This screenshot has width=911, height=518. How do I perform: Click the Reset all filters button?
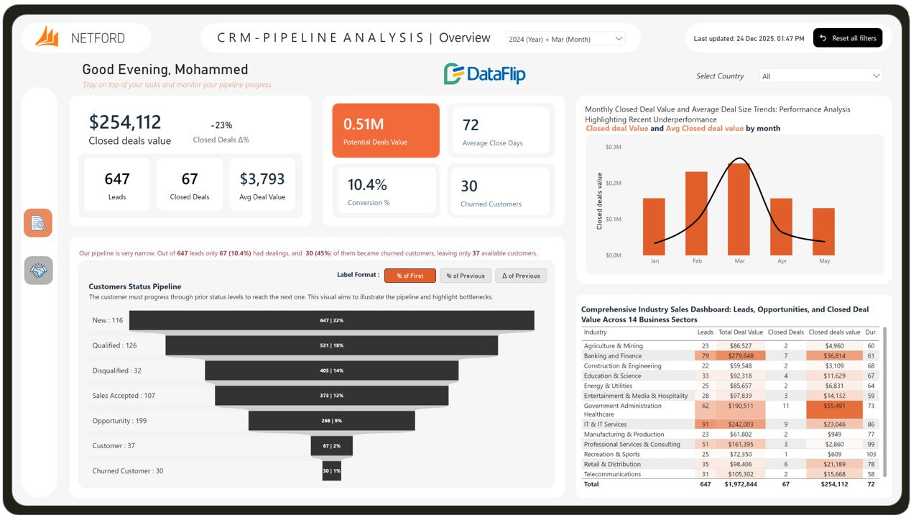coord(848,38)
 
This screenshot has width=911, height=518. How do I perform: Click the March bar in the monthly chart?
coord(739,209)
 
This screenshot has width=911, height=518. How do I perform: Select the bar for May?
coord(823,231)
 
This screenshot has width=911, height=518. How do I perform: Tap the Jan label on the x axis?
coord(654,261)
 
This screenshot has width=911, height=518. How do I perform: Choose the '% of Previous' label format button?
coord(466,276)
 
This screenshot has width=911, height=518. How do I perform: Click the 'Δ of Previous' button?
coord(521,276)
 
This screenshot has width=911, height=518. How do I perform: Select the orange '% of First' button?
coord(410,276)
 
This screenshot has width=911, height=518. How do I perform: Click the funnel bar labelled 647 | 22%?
coord(331,320)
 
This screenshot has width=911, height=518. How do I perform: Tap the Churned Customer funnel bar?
coord(331,471)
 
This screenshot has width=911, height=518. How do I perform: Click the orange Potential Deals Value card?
coord(386,130)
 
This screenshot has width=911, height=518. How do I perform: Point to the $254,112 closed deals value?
coord(125,122)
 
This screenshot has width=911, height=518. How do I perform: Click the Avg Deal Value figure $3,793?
coord(262,179)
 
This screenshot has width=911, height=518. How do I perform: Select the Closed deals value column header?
coord(833,332)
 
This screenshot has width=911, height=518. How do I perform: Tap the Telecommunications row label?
coord(612,474)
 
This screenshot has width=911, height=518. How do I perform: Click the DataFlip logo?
coord(485,73)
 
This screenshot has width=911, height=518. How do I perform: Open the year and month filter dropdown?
coord(565,39)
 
